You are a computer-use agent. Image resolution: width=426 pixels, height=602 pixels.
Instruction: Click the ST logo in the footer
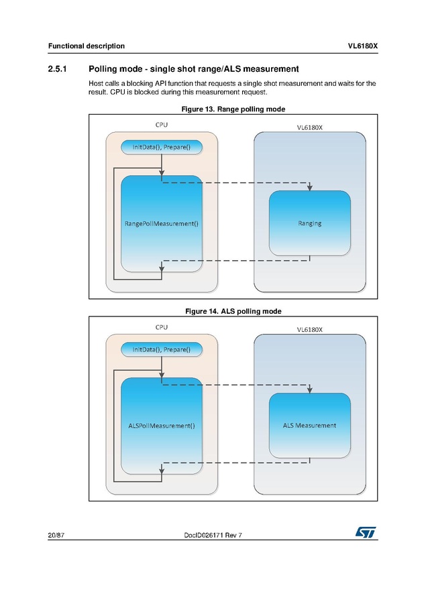(x=366, y=532)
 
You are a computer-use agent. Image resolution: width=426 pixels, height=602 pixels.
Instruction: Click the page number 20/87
(x=56, y=534)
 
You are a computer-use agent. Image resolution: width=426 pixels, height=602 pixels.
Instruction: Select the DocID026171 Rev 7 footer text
(x=213, y=534)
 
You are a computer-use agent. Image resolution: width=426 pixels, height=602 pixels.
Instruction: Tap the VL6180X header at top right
(x=362, y=46)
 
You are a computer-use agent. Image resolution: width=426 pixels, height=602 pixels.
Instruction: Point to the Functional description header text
(x=86, y=46)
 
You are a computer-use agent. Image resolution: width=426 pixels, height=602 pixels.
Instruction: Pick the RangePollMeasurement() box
(x=162, y=224)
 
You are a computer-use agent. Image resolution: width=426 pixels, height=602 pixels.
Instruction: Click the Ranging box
(x=309, y=223)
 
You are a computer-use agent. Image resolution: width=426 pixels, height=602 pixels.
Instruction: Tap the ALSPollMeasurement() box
(x=162, y=426)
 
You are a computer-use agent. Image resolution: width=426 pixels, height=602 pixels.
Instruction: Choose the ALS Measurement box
(x=309, y=425)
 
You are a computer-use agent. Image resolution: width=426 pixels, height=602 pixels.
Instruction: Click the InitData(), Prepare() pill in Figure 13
(x=161, y=147)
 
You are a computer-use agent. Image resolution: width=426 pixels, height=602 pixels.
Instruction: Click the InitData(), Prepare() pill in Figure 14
(x=161, y=349)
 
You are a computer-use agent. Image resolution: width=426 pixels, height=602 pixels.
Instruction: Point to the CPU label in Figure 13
(x=162, y=125)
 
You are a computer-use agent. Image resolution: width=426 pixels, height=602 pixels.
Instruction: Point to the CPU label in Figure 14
(x=162, y=327)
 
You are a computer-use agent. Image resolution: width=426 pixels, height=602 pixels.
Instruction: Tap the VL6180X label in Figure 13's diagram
(x=310, y=127)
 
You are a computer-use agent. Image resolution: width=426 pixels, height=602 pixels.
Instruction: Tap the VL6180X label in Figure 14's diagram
(x=310, y=329)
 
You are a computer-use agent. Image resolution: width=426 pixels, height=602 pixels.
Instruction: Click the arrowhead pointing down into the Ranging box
(x=309, y=187)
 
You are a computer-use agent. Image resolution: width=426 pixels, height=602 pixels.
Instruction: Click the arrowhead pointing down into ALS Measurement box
(x=309, y=389)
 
